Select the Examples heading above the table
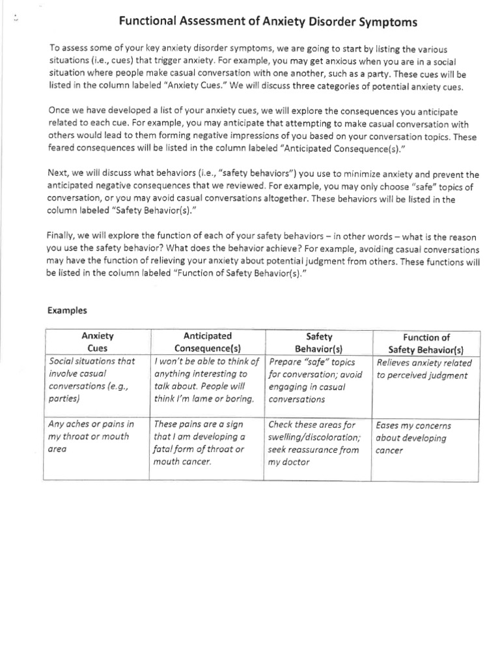67,311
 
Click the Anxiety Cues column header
97,343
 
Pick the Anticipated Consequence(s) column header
208,343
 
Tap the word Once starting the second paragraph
60,111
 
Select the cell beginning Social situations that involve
96,380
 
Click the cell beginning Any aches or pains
96,437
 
